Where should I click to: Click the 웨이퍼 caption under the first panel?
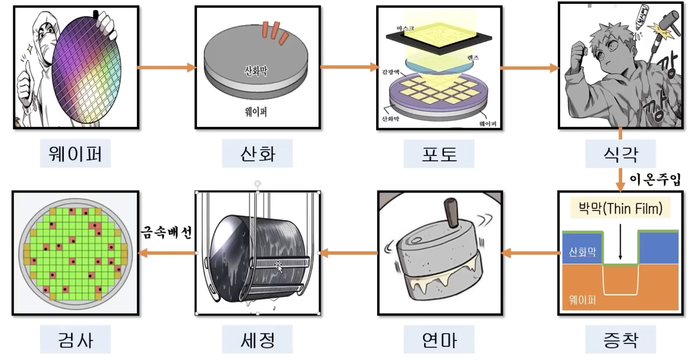pyautogui.click(x=75, y=153)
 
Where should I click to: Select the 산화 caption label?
pyautogui.click(x=257, y=153)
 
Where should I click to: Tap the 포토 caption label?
pyautogui.click(x=439, y=153)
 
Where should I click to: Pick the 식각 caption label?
pyautogui.click(x=621, y=154)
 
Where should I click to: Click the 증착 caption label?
pyautogui.click(x=621, y=339)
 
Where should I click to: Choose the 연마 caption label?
pyautogui.click(x=439, y=339)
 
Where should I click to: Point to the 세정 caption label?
pyautogui.click(x=257, y=339)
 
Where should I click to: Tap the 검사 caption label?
pyautogui.click(x=75, y=339)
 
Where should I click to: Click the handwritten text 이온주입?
pyautogui.click(x=655, y=180)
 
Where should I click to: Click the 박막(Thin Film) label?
pyautogui.click(x=620, y=209)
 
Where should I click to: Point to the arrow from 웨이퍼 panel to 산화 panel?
pyautogui.click(x=167, y=67)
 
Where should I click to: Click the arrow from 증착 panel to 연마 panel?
pyautogui.click(x=530, y=253)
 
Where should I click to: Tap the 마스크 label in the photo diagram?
pyautogui.click(x=405, y=28)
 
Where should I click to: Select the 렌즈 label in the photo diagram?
pyautogui.click(x=473, y=58)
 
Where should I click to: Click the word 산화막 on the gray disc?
pyautogui.click(x=256, y=71)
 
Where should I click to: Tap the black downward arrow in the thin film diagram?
pyautogui.click(x=620, y=241)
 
